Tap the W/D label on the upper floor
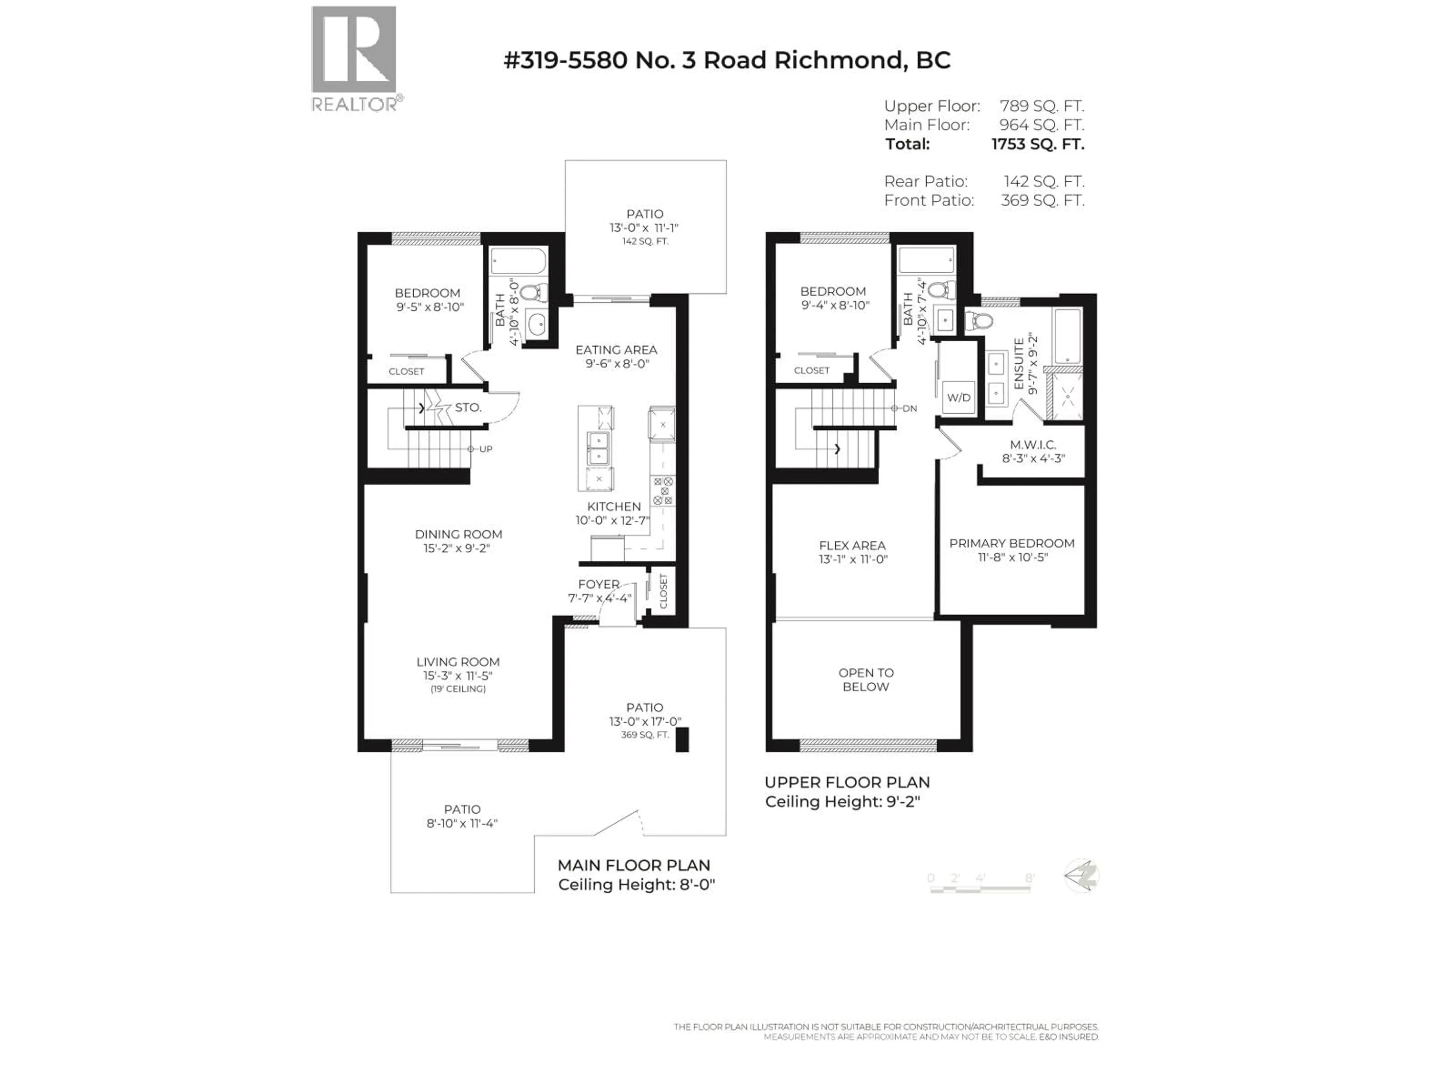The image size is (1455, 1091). tap(958, 398)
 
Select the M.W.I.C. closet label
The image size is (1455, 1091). tap(1033, 445)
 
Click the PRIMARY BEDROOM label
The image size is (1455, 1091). tap(1012, 543)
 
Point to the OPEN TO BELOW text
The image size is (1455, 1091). tap(866, 679)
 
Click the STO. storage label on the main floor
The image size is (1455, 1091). tap(468, 408)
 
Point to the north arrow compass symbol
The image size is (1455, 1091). tap(1081, 876)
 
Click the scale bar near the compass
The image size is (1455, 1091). tap(980, 888)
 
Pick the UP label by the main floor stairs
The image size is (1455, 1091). tap(485, 449)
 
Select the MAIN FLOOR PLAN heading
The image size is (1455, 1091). tap(634, 866)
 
